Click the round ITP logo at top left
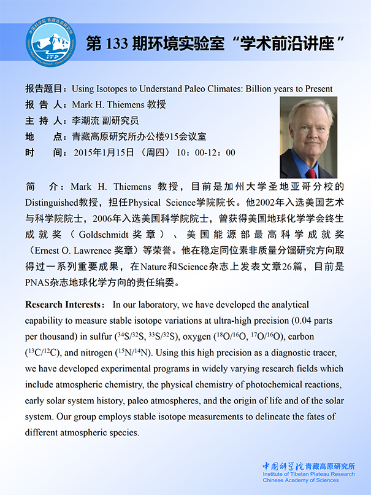point(52,43)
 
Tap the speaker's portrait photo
point(308,138)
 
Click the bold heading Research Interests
point(62,305)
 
